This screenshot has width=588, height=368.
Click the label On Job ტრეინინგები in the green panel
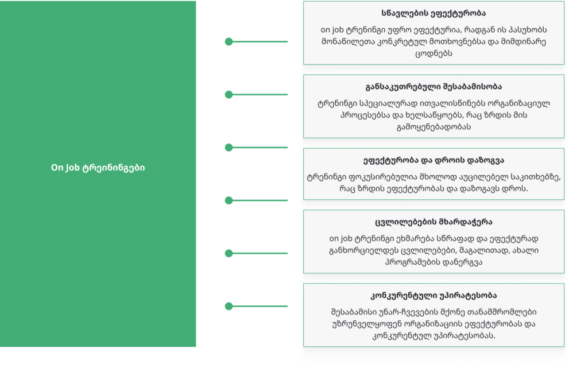click(98, 168)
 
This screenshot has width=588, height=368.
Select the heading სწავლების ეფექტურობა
click(434, 13)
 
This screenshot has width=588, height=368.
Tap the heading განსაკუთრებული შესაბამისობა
click(434, 87)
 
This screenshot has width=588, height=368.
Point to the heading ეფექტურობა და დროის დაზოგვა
click(434, 160)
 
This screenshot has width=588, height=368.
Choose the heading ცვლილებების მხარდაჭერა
click(434, 222)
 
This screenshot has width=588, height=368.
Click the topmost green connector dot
click(229, 41)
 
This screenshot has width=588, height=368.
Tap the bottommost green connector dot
click(229, 306)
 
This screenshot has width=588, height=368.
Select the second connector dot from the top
click(229, 95)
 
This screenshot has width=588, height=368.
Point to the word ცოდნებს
click(434, 53)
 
